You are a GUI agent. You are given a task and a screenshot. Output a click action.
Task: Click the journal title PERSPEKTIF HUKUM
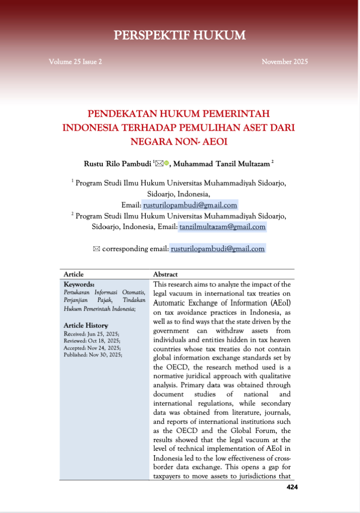coord(180,35)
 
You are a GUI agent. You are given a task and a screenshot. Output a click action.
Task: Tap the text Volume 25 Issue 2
coord(75,62)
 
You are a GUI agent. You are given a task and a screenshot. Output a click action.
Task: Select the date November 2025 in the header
coord(285,62)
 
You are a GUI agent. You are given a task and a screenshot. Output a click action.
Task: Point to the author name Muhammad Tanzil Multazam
coord(222,164)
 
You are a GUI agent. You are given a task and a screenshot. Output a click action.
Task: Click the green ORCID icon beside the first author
coord(166,163)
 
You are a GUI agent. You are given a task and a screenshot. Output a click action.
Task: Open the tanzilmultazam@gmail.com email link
coord(222,227)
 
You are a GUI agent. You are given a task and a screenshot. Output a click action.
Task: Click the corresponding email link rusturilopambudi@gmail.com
coord(218,249)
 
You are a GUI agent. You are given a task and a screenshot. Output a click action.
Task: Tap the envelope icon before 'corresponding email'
coord(96,249)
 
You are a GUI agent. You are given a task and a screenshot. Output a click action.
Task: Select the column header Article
coord(74,274)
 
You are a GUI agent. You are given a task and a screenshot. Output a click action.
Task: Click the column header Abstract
coord(165,274)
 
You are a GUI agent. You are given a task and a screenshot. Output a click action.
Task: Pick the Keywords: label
coord(79,284)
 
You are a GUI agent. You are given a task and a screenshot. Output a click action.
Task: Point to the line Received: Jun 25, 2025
coord(92,334)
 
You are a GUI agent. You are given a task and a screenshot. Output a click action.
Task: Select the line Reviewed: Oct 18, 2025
coord(92,340)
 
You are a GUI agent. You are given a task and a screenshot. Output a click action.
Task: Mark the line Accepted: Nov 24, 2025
coord(92,348)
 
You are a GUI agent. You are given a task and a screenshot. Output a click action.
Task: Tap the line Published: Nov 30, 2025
coord(93,354)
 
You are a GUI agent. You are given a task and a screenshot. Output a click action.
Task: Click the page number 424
coord(292,487)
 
